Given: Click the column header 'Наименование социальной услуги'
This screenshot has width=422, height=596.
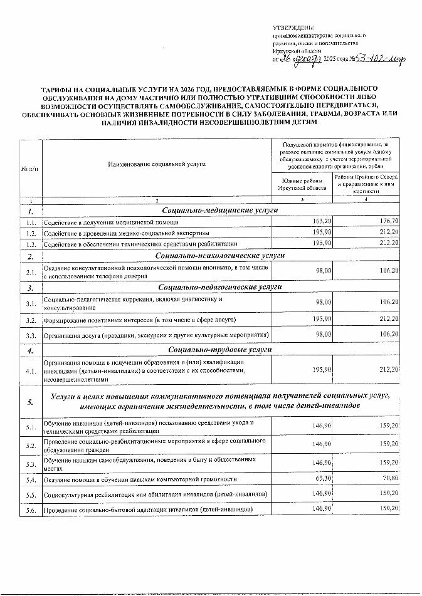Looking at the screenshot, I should tap(157, 164).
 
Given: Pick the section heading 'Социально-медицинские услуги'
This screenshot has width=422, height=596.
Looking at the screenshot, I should tap(219, 211).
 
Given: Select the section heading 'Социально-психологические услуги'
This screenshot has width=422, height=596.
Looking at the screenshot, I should tap(219, 256).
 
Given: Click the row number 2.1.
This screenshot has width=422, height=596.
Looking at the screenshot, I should tap(30, 271).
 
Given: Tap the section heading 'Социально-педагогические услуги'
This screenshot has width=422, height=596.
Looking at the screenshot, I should tap(219, 287).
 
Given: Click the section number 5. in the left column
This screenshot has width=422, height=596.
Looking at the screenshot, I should tap(30, 402).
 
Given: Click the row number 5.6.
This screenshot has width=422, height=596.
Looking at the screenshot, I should tap(30, 509).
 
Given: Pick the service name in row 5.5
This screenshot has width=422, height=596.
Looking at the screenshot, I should tap(156, 494).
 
